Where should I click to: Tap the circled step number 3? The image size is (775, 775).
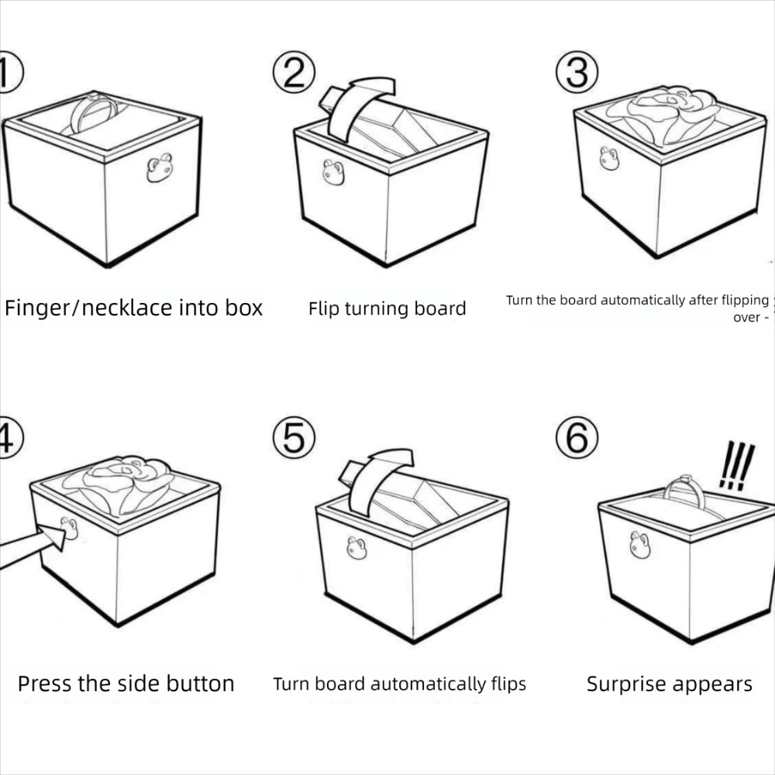pos(577,74)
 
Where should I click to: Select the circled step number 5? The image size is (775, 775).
pos(294,439)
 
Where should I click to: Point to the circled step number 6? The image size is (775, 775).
pos(577,439)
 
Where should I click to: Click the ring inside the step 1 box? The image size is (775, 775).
pos(93,113)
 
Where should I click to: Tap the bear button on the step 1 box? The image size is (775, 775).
pos(160,167)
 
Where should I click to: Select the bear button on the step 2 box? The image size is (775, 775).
pos(333,173)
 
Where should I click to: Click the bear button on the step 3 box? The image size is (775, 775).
pos(609,159)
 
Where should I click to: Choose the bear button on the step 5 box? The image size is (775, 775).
pos(356,548)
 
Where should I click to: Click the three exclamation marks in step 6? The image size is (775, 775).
pos(735,465)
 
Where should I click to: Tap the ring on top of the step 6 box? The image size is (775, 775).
pos(684,490)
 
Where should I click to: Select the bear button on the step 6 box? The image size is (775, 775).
pos(640,546)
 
